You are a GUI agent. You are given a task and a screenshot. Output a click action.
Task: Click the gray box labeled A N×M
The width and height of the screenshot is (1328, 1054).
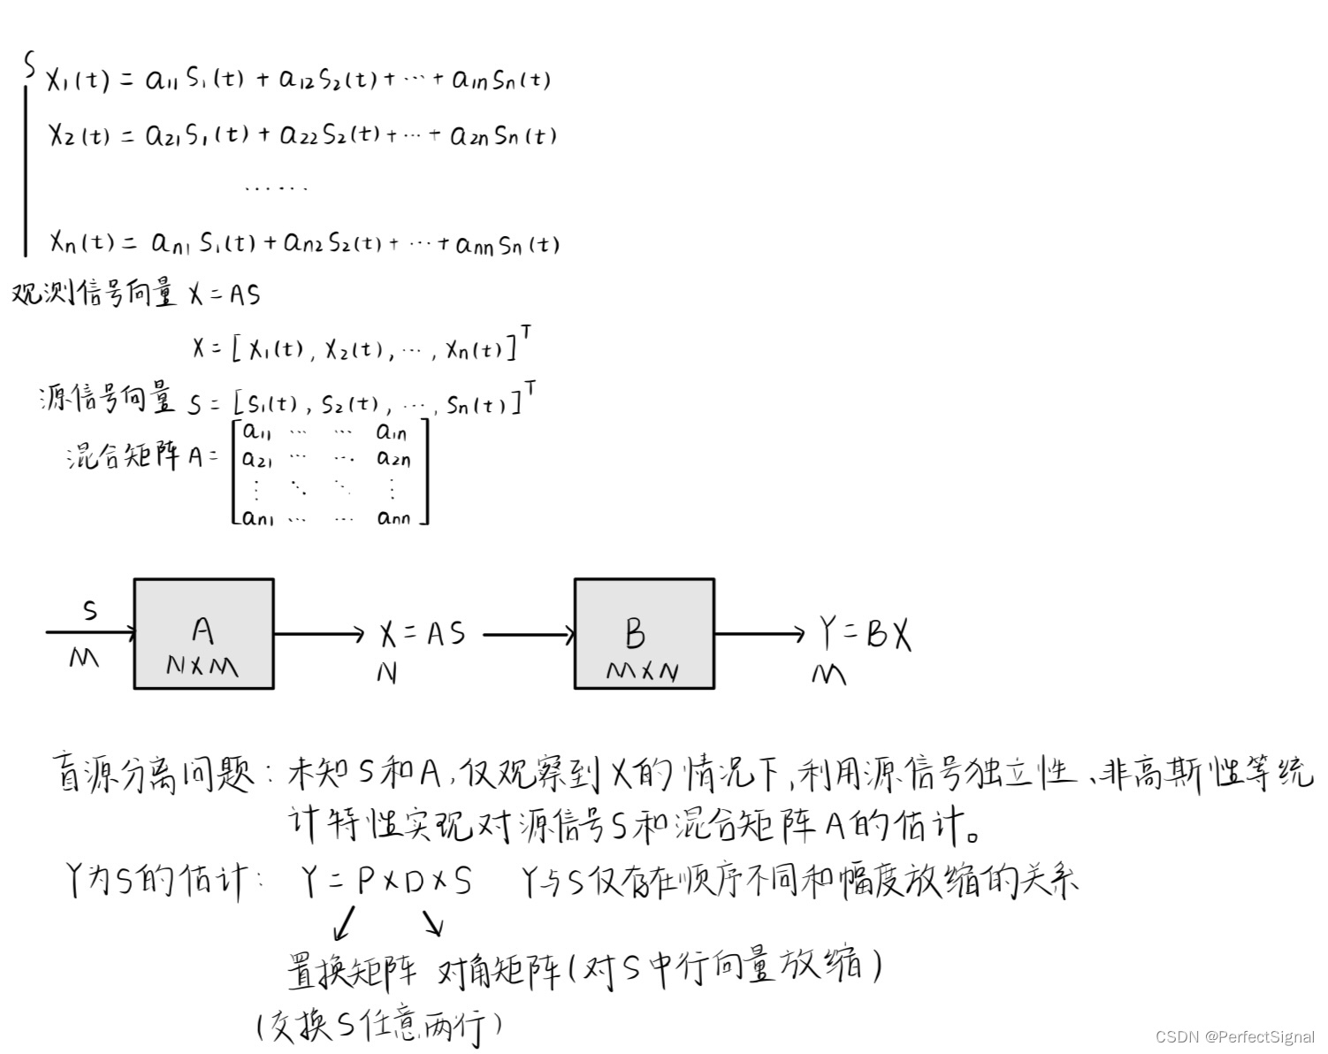pyautogui.click(x=203, y=633)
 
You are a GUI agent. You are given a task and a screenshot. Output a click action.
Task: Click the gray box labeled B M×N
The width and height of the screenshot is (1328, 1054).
pyautogui.click(x=644, y=633)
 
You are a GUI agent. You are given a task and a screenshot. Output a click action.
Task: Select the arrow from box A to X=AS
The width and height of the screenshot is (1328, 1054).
pyautogui.click(x=319, y=633)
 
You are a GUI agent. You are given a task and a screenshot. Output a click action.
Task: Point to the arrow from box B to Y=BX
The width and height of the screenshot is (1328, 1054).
pyautogui.click(x=759, y=633)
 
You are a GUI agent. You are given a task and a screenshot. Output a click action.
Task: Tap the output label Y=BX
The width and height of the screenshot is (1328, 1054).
pyautogui.click(x=864, y=634)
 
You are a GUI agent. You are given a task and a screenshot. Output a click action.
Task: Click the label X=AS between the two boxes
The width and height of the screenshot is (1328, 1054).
pyautogui.click(x=422, y=634)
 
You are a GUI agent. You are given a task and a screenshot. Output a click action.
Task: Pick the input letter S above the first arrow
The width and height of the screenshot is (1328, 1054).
pyautogui.click(x=89, y=609)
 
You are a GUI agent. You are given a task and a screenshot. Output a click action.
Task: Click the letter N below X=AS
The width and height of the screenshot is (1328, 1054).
pyautogui.click(x=386, y=674)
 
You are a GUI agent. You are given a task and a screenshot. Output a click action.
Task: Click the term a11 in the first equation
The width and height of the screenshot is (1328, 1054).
pyautogui.click(x=162, y=80)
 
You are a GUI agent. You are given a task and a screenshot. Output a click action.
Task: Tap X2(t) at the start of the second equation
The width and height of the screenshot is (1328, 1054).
pyautogui.click(x=79, y=135)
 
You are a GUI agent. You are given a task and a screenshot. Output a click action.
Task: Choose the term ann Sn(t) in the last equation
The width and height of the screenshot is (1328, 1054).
pyautogui.click(x=508, y=243)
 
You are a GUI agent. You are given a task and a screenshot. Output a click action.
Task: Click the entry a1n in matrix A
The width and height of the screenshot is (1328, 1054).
pyautogui.click(x=392, y=432)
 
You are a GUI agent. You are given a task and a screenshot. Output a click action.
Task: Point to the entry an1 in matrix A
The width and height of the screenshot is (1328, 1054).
pyautogui.click(x=257, y=517)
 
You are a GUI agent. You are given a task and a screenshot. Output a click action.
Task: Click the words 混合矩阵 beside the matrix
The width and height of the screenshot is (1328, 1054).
pyautogui.click(x=124, y=455)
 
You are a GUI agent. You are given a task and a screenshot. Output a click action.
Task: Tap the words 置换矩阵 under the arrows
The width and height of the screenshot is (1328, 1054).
pyautogui.click(x=351, y=970)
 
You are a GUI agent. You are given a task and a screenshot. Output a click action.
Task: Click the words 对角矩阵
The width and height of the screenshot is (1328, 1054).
pyautogui.click(x=499, y=970)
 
